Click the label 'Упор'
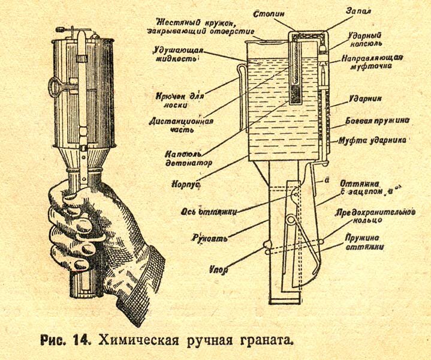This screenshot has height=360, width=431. click(219, 269)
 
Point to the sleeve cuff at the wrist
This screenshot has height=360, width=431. click(141, 282)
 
